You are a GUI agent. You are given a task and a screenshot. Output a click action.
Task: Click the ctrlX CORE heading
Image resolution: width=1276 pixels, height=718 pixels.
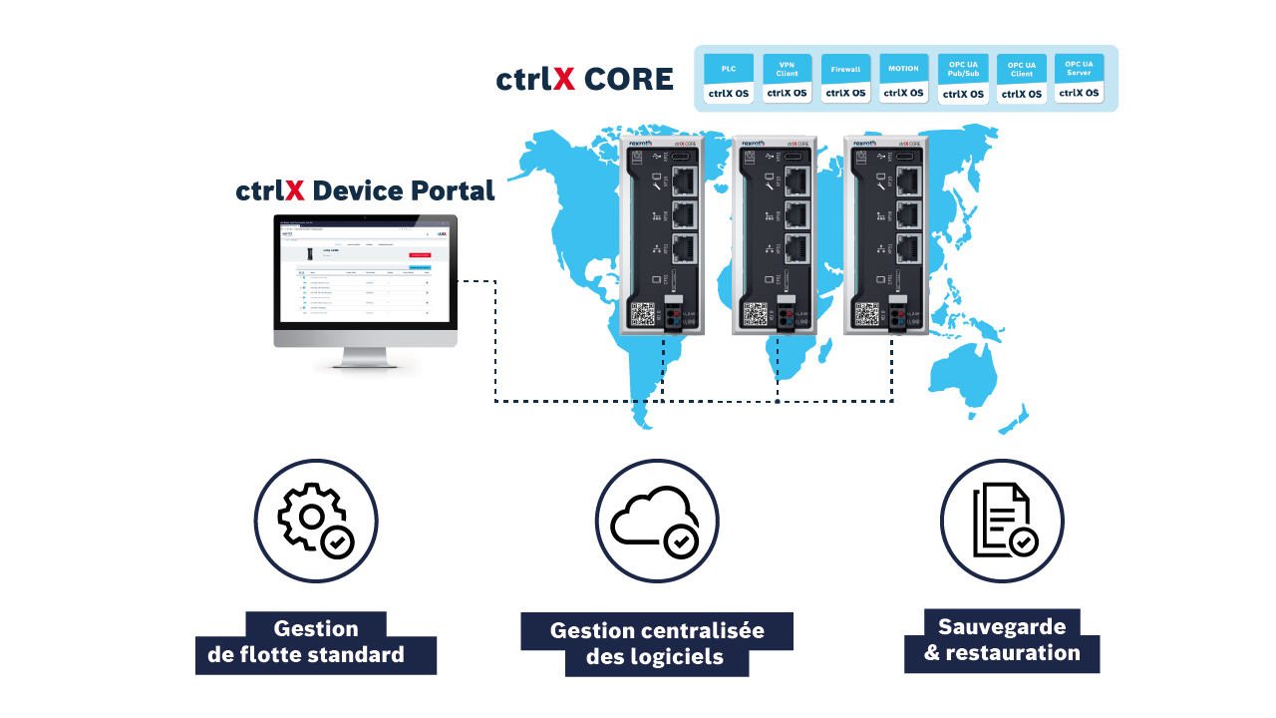[x=584, y=80]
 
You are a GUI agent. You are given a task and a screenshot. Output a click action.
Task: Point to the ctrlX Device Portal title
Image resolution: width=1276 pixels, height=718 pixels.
[x=365, y=190]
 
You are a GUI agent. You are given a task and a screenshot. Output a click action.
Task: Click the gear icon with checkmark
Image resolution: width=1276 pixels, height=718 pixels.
[x=314, y=522]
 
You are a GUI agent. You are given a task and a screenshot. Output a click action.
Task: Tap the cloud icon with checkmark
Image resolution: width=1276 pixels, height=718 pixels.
[x=657, y=522]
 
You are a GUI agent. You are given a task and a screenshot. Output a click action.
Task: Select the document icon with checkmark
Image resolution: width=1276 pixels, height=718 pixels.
[x=1001, y=522]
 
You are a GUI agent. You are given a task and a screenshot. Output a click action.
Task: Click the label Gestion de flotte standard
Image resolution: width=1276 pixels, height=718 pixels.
[x=315, y=642]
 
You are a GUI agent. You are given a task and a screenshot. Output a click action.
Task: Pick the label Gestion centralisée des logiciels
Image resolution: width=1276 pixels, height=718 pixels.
[x=657, y=644]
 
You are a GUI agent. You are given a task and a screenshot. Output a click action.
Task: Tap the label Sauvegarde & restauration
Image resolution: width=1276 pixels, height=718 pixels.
[x=1002, y=640]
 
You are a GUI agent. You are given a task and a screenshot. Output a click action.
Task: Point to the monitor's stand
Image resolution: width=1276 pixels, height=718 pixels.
[x=365, y=358]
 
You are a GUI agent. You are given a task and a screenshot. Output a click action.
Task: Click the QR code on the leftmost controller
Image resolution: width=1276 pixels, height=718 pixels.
[x=643, y=314]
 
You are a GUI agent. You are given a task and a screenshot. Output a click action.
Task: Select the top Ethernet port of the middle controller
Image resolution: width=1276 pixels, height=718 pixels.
[x=797, y=179]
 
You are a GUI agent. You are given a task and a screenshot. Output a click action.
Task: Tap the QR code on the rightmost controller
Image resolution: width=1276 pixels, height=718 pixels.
[x=866, y=314]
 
